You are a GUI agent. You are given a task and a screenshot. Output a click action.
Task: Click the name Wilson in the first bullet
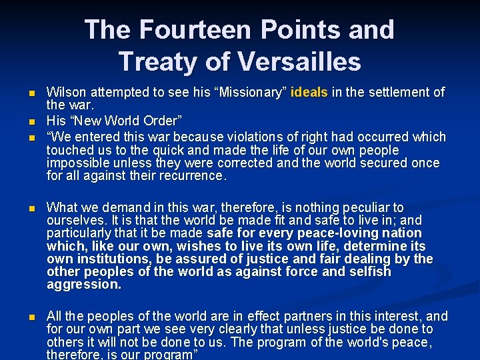point(65,92)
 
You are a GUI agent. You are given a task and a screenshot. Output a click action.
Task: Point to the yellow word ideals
point(310,92)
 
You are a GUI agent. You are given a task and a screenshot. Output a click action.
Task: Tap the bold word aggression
point(85,285)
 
